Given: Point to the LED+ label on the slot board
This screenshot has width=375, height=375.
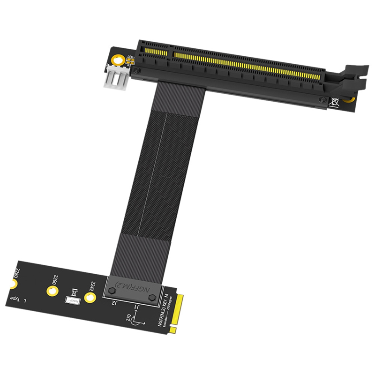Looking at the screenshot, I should point(130,57).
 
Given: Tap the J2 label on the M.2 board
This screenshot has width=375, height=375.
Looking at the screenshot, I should point(114,303).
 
